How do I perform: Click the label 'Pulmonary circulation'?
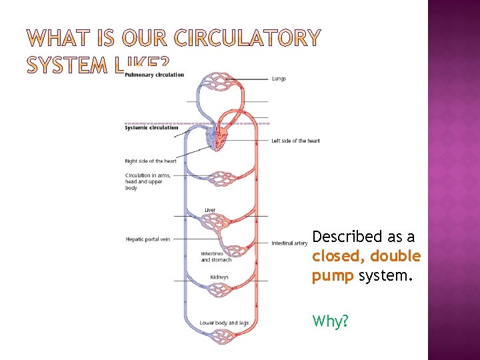(x=154, y=75)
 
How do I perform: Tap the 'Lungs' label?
(x=279, y=79)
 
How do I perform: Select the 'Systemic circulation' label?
(x=151, y=127)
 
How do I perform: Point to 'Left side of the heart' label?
(x=295, y=141)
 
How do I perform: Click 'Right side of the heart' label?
(x=151, y=161)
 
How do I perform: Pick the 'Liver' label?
(x=210, y=210)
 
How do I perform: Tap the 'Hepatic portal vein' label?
(x=147, y=239)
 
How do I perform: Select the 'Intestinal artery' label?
(x=289, y=243)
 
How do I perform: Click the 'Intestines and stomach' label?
(x=217, y=257)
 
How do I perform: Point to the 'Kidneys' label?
(x=219, y=277)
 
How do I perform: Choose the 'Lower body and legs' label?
(x=224, y=323)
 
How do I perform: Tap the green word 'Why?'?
(x=330, y=321)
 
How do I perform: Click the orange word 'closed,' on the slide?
(x=339, y=257)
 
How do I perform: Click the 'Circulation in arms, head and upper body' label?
(x=148, y=181)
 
